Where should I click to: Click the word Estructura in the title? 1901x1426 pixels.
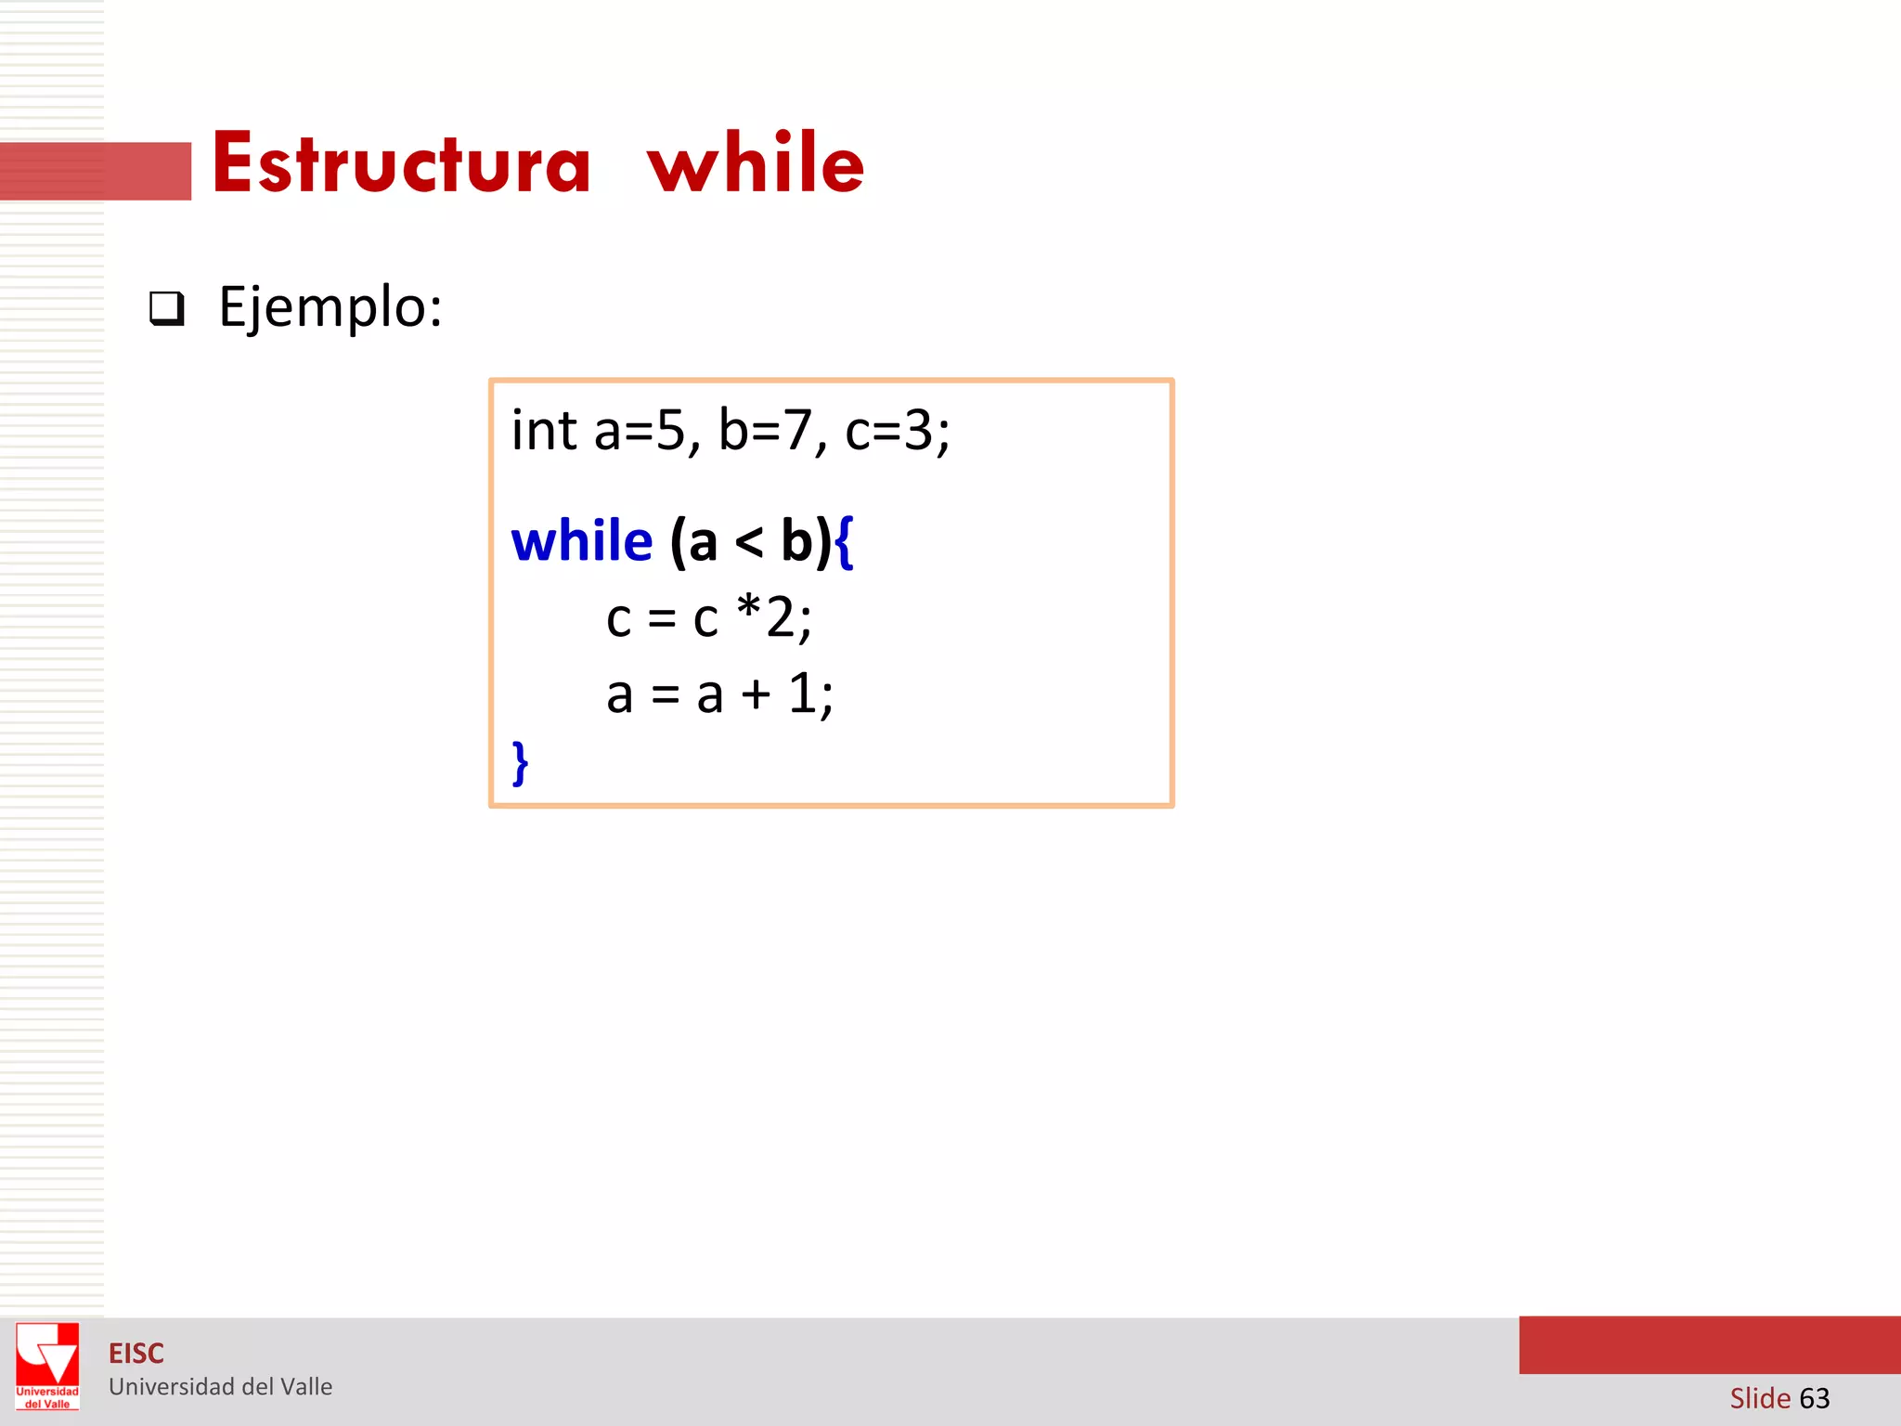401,164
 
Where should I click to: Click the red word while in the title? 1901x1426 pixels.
756,164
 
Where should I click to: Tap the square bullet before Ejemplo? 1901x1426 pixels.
167,308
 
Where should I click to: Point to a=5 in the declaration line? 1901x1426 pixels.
644,431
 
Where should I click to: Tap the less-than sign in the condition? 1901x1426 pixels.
748,543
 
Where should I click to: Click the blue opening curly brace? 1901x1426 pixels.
844,543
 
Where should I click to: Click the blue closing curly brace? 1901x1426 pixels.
521,763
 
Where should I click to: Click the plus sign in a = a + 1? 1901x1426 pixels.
756,695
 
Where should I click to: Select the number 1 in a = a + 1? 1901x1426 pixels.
802,694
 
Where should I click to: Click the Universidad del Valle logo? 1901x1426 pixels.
47,1366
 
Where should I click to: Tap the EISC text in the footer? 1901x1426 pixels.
136,1354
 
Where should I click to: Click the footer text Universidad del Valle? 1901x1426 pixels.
221,1387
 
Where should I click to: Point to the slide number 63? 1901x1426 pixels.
1814,1398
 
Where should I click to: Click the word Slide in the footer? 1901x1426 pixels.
1760,1398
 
